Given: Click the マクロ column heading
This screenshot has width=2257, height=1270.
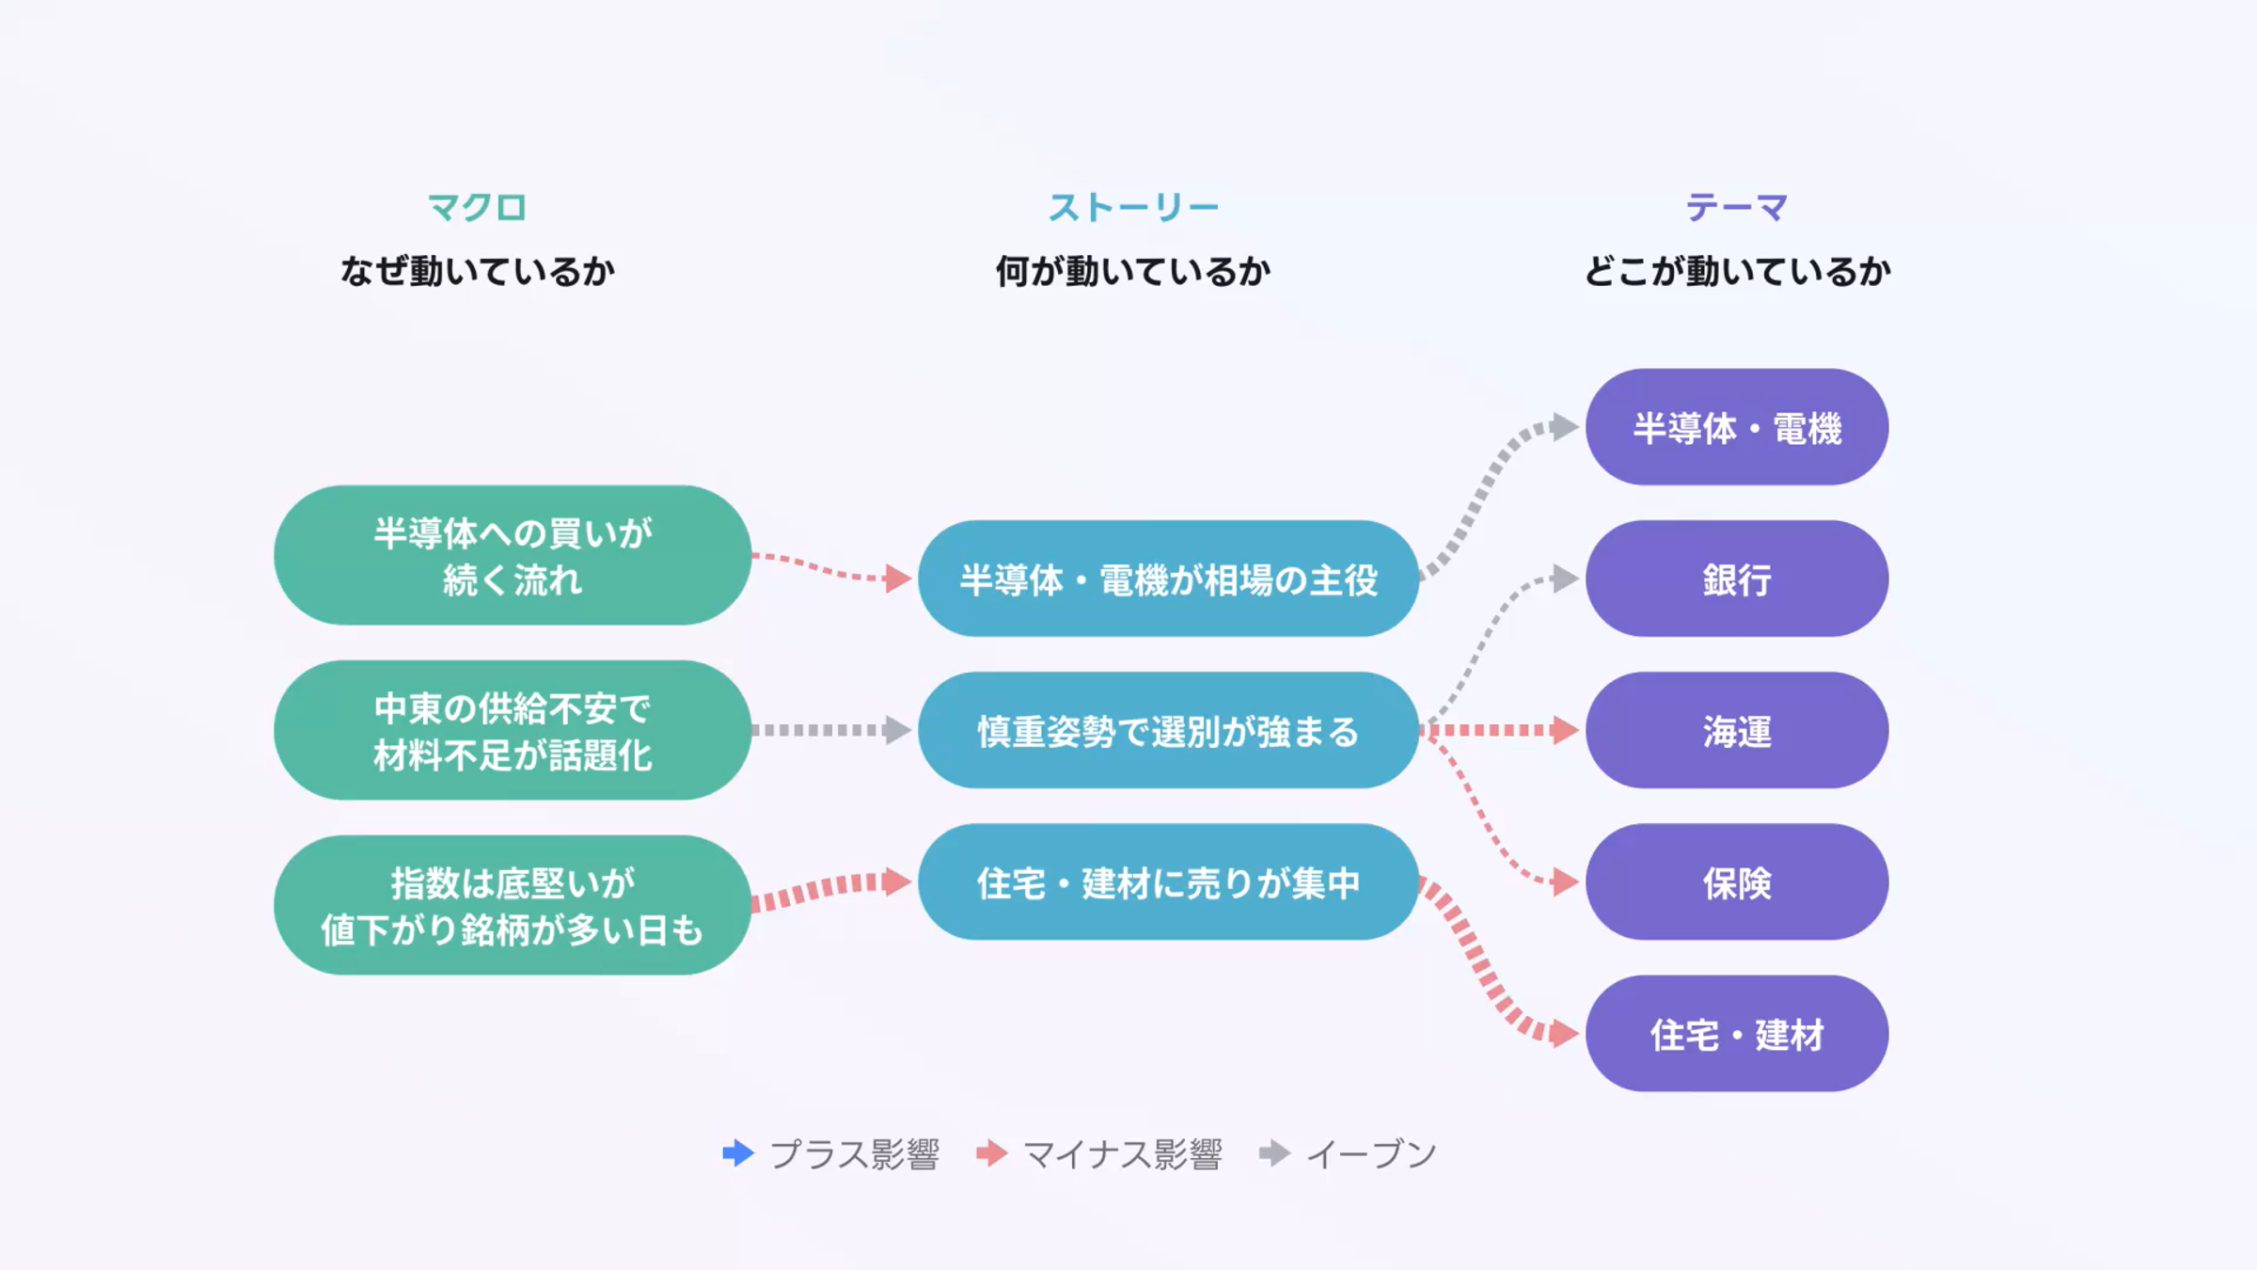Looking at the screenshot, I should pyautogui.click(x=477, y=207).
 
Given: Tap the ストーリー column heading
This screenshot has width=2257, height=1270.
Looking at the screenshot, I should pyautogui.click(x=1133, y=207).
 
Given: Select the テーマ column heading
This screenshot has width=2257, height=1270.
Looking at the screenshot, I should pyautogui.click(x=1736, y=207).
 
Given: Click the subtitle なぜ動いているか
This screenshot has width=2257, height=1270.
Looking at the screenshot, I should pyautogui.click(x=477, y=271).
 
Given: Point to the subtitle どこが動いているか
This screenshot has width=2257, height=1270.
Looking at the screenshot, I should pyautogui.click(x=1736, y=271).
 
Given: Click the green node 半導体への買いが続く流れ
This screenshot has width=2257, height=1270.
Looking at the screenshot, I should pyautogui.click(x=513, y=555).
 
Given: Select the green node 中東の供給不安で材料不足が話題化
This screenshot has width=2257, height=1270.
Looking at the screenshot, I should pyautogui.click(x=513, y=730).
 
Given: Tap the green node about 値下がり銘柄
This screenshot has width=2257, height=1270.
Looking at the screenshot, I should pyautogui.click(x=513, y=905).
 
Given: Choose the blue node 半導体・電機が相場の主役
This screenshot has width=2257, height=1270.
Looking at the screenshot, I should pyautogui.click(x=1168, y=579).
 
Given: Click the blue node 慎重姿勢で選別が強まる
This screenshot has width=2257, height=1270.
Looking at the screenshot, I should pyautogui.click(x=1168, y=730).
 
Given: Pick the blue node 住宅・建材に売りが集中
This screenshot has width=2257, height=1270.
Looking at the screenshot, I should pyautogui.click(x=1168, y=881).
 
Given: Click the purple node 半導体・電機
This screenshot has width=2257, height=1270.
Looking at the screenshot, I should pyautogui.click(x=1736, y=427).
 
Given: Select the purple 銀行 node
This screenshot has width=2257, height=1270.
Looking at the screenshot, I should pyautogui.click(x=1736, y=579).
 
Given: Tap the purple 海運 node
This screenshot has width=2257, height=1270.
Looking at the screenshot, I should pyautogui.click(x=1736, y=730).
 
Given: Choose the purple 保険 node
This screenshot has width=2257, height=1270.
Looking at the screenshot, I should pyautogui.click(x=1736, y=881).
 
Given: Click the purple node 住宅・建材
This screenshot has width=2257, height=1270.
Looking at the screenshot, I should pyautogui.click(x=1736, y=1033).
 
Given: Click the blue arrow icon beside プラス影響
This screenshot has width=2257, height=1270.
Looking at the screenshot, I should pyautogui.click(x=739, y=1152).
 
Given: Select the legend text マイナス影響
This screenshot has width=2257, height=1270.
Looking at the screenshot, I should pyautogui.click(x=1122, y=1153).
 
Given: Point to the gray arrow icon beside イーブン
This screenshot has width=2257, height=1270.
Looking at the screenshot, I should pyautogui.click(x=1275, y=1152).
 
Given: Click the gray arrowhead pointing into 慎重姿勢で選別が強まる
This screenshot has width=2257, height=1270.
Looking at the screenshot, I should pyautogui.click(x=898, y=730).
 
